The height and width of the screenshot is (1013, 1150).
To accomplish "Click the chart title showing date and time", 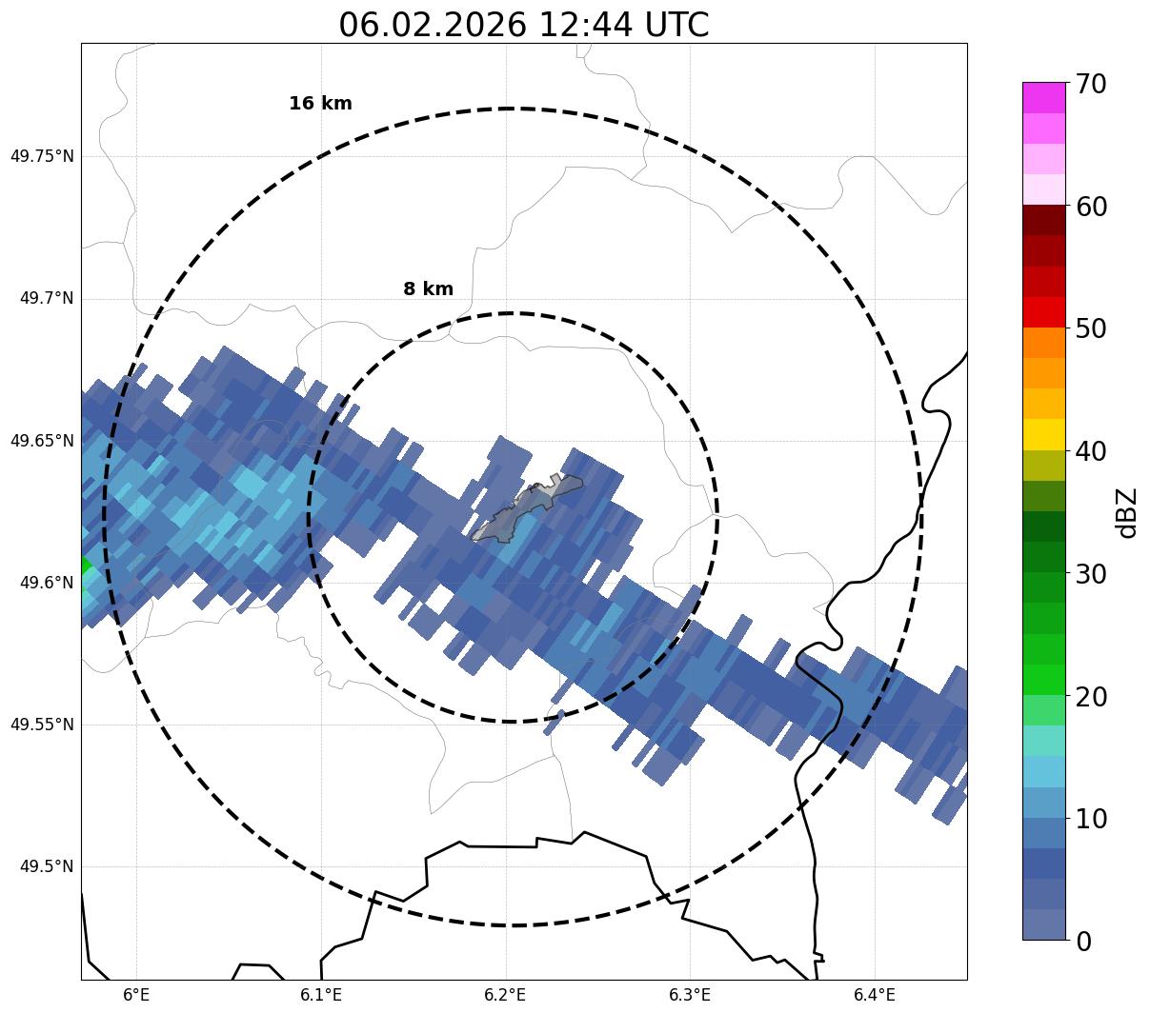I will click(x=523, y=25).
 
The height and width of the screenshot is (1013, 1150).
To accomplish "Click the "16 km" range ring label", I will click(x=320, y=104).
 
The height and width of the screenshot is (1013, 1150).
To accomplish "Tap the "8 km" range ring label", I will click(x=428, y=289).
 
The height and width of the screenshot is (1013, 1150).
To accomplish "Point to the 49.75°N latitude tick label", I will click(x=42, y=156).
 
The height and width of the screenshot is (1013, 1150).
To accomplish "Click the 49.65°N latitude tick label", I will click(x=42, y=441).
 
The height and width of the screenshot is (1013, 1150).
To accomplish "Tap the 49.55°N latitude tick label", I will click(x=42, y=725).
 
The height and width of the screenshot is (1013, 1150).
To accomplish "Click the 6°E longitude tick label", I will click(x=137, y=995).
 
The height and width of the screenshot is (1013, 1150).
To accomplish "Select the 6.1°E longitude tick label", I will click(x=321, y=995).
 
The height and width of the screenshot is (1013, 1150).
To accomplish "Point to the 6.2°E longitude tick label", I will click(x=506, y=995).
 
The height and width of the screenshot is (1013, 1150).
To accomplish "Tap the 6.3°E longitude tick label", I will click(x=690, y=995).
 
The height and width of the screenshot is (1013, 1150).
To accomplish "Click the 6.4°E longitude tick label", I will click(x=875, y=995).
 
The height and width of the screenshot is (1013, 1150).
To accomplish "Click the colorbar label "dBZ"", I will click(x=1127, y=512).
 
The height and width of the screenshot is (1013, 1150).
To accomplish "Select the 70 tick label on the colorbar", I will click(x=1090, y=84).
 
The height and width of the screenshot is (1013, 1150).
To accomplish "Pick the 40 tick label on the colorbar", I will click(x=1090, y=451).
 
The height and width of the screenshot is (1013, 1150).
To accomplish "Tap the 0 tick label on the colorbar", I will click(x=1083, y=942).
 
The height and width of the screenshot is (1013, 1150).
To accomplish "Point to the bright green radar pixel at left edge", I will click(x=85, y=568).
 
